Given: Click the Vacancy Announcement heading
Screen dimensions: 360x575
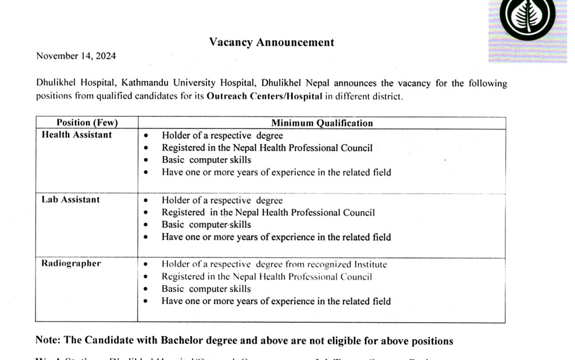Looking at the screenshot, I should (x=272, y=42).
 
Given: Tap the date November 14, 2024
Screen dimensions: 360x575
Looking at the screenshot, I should (x=76, y=56).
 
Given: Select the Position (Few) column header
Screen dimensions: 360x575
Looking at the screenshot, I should (x=87, y=123).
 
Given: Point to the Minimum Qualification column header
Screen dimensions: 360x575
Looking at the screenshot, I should (x=322, y=123).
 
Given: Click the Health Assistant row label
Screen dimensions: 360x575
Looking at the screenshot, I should (x=77, y=135).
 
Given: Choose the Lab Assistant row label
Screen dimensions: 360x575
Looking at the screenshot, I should (x=70, y=199).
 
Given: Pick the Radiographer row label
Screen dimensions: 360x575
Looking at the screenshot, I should (x=71, y=263).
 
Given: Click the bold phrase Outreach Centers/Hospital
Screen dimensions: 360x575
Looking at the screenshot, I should (x=265, y=97).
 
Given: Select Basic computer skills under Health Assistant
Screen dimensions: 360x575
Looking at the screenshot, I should (x=206, y=160).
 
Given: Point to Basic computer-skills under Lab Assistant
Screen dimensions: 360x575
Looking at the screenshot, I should (x=206, y=224).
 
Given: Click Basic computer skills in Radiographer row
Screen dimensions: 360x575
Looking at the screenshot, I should (x=206, y=289).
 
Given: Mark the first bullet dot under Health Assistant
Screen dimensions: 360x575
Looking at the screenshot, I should (x=146, y=136).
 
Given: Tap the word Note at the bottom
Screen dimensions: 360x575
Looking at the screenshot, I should (x=47, y=340).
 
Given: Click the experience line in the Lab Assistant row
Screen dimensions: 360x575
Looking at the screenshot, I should (x=276, y=237).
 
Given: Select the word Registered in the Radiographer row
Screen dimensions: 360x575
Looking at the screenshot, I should (x=183, y=277).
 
